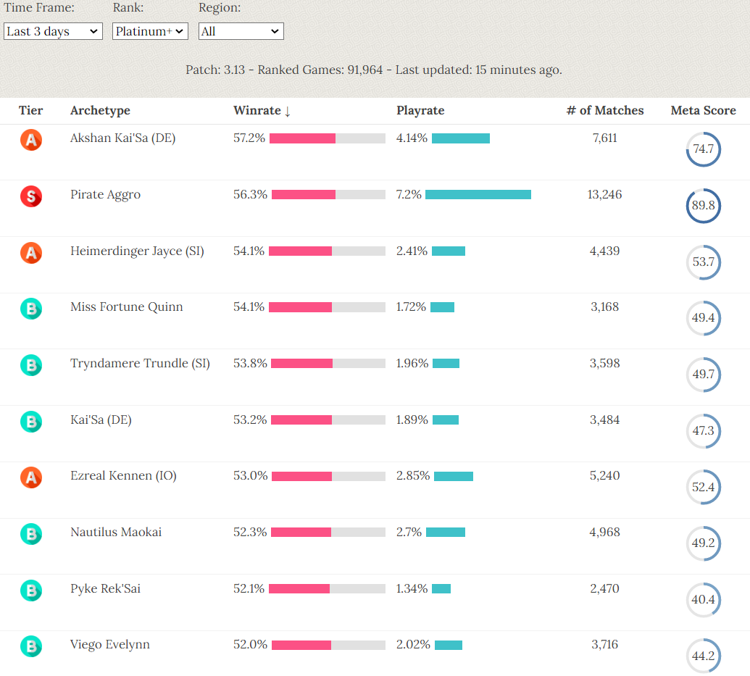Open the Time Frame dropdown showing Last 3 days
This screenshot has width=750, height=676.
pos(53,31)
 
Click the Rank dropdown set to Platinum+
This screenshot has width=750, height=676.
pos(150,31)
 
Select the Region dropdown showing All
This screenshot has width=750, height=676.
pos(241,31)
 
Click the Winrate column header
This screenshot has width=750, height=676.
pos(257,111)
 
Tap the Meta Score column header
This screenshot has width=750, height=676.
pos(703,111)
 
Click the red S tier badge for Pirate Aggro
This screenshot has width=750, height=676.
pos(31,196)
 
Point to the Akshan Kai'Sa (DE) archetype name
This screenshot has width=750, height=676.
pos(122,138)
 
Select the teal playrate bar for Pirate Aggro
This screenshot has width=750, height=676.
pos(478,194)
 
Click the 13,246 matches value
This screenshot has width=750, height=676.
pos(605,194)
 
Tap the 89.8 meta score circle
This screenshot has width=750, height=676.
pos(703,206)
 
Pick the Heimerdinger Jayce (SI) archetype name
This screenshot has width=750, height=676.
pos(137,251)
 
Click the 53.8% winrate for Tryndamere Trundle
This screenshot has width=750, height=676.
pos(249,363)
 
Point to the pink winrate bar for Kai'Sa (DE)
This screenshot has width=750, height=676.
pos(301,420)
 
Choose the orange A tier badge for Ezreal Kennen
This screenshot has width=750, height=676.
pos(31,477)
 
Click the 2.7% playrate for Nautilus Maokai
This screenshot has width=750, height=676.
pos(409,532)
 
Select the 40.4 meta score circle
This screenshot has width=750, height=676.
pos(703,600)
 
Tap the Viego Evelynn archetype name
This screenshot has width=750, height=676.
pos(110,645)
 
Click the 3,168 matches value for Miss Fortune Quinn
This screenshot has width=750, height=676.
pos(605,307)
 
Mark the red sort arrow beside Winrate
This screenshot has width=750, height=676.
pos(288,111)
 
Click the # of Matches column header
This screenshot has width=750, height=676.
pos(605,111)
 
